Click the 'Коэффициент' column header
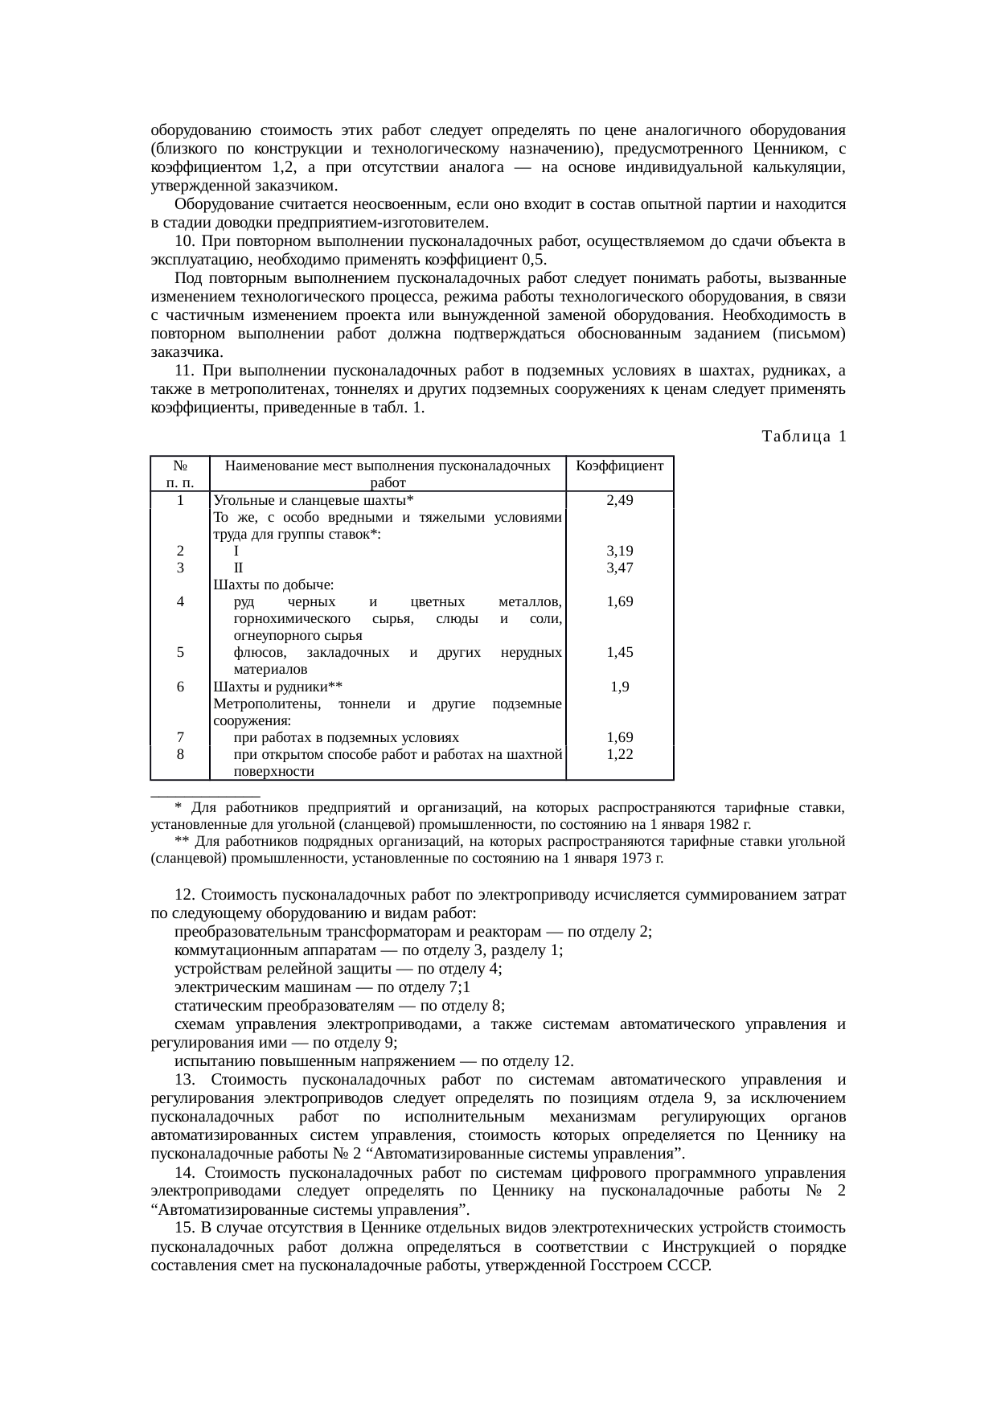[620, 466]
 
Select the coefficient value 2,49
[620, 500]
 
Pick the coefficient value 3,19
[620, 551]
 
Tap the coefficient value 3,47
[620, 568]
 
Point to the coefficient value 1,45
[620, 652]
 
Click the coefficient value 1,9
[620, 687]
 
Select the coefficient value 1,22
[620, 754]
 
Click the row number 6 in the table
[180, 687]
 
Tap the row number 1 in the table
[180, 500]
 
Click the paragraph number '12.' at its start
[185, 895]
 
